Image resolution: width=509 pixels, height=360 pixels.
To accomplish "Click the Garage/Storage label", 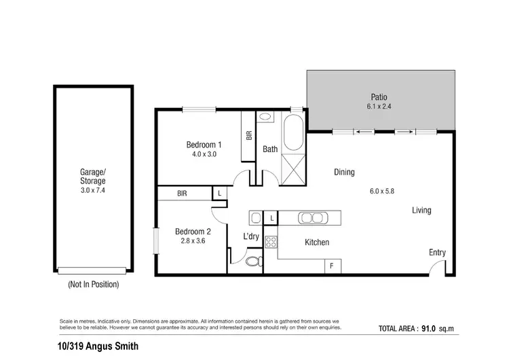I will pos(93,177).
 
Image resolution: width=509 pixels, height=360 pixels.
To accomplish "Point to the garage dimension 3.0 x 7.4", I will pos(93,192).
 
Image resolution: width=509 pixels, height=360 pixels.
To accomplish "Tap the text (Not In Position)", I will pos(93,285).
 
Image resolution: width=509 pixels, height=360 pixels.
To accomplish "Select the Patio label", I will pos(378,96).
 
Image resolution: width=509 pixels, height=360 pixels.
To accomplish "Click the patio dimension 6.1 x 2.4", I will pos(378,107).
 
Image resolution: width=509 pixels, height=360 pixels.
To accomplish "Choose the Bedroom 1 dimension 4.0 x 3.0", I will pos(204,155).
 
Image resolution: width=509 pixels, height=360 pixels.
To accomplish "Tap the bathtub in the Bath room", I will pos(295,134).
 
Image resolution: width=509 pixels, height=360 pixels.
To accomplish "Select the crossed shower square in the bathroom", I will pos(295,168).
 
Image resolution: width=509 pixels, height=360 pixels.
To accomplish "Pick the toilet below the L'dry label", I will pos(252,262).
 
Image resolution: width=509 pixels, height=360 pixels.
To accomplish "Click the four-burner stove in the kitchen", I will pos(271,242).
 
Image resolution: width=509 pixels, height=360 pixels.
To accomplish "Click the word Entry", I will pos(437,253).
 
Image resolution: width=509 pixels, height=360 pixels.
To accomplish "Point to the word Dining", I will pos(344,173).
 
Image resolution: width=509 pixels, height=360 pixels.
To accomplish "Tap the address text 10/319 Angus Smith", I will pos(99,346).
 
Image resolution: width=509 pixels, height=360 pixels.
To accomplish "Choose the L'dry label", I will pos(252,236).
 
